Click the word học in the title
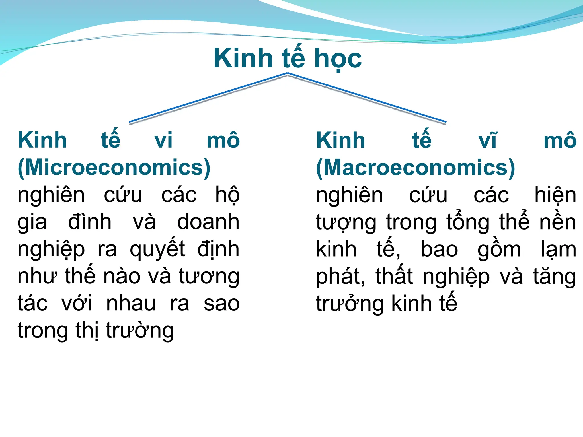coord(338,59)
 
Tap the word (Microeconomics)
coord(114,168)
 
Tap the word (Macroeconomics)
coord(415,168)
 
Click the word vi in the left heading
coord(163,141)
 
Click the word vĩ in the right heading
coord(487,141)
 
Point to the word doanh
coord(208,222)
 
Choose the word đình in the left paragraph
coord(90,222)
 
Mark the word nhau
coord(131,304)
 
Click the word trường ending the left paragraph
coord(140,331)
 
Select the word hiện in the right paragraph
coord(555,195)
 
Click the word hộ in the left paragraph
coord(227,195)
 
